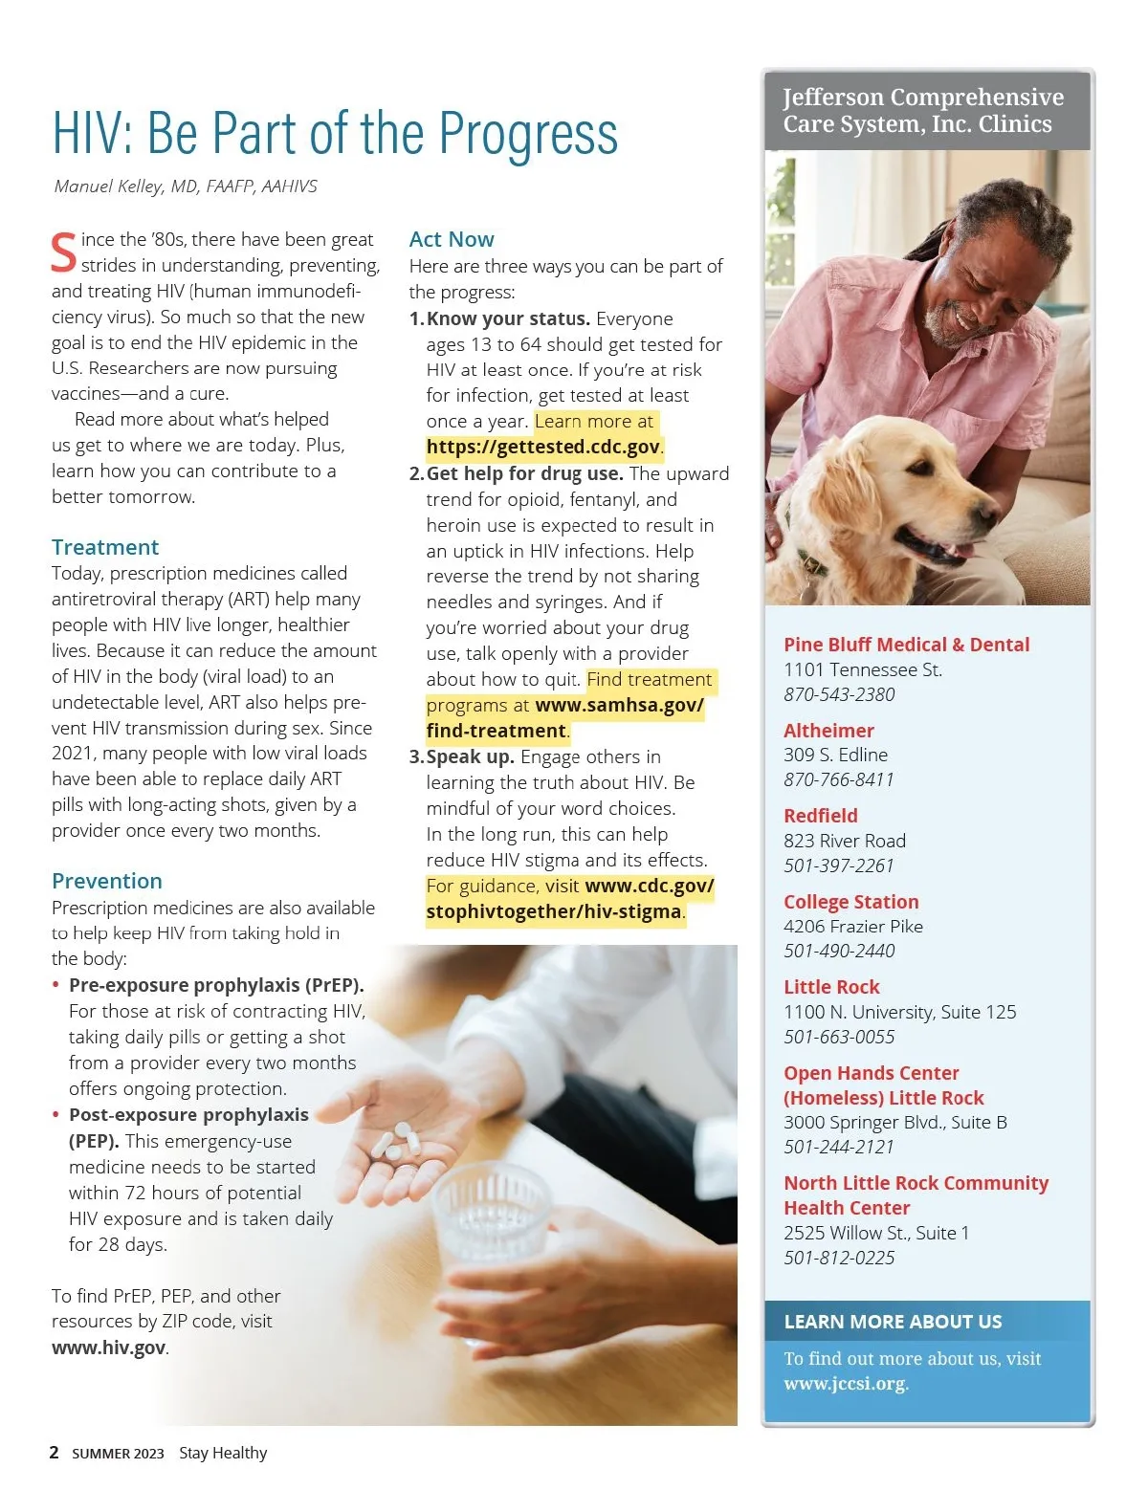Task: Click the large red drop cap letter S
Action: pos(63,252)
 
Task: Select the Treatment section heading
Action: pos(105,547)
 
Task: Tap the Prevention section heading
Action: pos(107,881)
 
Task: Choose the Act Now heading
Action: pos(452,239)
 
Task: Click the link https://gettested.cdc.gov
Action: pos(542,447)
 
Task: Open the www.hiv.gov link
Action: pos(108,1348)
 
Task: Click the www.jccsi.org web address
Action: pos(844,1384)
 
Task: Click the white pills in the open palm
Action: pos(397,1142)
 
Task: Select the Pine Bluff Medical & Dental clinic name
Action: pos(906,645)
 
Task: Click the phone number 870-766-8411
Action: pos(838,779)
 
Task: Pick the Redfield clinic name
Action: pos(820,816)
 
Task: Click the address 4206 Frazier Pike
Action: pos(852,926)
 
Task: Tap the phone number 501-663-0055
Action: pos(839,1037)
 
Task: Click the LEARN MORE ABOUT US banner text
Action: pos(893,1322)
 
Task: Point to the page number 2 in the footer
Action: pos(54,1453)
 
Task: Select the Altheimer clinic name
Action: pos(828,731)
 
